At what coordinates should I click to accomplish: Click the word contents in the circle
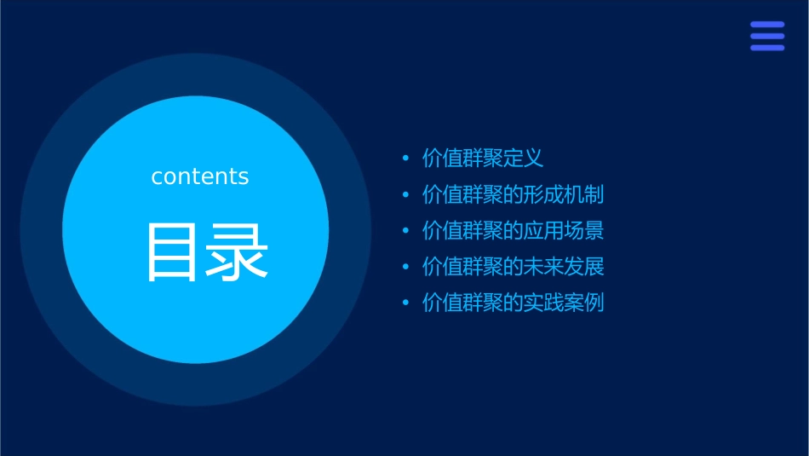200,176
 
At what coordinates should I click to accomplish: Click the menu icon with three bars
767,37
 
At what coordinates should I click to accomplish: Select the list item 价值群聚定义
483,159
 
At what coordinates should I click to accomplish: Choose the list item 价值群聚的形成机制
514,194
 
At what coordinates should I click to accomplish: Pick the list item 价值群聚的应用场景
514,231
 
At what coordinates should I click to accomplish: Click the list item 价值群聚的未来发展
514,267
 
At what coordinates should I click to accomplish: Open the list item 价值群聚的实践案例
514,303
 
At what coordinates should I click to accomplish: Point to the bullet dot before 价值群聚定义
405,159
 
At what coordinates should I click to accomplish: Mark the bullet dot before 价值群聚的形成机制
405,195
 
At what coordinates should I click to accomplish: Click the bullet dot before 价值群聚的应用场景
405,231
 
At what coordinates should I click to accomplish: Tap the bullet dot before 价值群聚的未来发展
405,268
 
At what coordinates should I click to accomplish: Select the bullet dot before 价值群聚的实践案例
405,303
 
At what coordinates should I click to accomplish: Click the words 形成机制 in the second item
568,194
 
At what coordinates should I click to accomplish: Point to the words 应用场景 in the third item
568,231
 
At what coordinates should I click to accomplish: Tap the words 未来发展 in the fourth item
568,267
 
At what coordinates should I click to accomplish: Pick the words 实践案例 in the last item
568,303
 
